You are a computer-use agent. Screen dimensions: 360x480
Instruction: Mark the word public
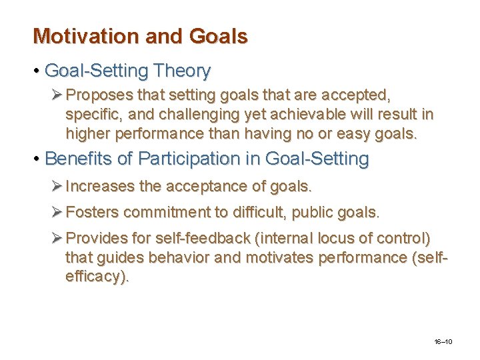(324, 213)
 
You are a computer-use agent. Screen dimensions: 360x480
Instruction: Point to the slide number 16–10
(443, 342)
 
